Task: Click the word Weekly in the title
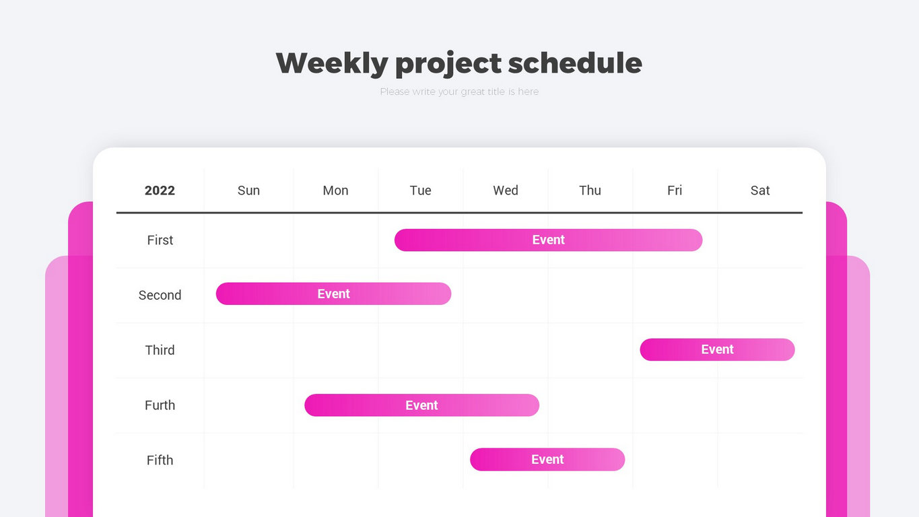332,63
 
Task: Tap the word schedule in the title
575,63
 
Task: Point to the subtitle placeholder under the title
459,92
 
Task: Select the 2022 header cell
160,191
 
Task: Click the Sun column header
248,191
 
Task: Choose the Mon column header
335,191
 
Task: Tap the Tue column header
421,191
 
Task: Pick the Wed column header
506,191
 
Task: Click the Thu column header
590,191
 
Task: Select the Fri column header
675,191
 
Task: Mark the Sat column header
760,191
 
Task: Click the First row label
160,240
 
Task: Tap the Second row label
160,295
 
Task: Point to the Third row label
160,350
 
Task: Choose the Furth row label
160,405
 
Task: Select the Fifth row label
160,460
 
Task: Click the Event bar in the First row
549,240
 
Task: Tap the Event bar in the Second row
333,294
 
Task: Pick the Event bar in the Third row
718,349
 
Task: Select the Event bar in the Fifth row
548,460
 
